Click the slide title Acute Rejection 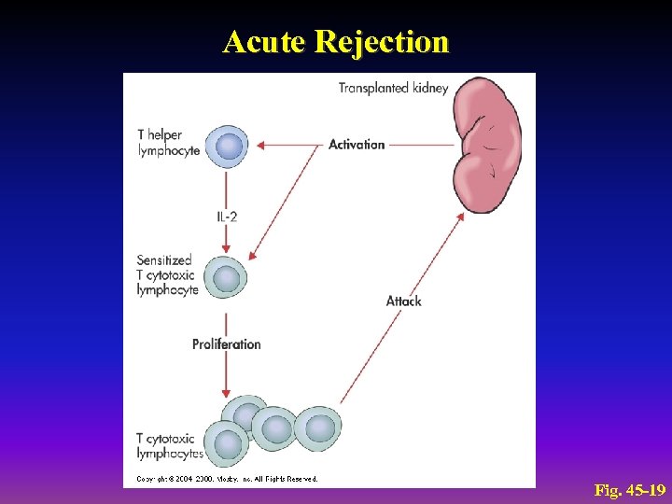336,42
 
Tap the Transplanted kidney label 393,89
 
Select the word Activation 357,145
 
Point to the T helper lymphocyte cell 229,146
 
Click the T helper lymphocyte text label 168,143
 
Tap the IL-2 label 227,217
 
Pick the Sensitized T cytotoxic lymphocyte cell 227,278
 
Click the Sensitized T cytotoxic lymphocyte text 167,275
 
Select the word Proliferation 227,344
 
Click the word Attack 404,301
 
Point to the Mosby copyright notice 228,479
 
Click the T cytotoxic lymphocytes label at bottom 170,446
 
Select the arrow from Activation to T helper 289,145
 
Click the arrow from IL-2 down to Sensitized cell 226,239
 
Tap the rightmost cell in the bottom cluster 319,427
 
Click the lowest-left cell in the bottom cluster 226,442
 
